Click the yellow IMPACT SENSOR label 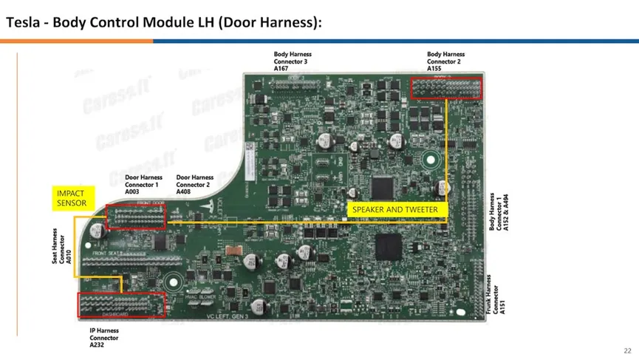[x=72, y=197]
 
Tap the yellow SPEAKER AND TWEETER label [x=394, y=209]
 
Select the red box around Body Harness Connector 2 [x=445, y=88]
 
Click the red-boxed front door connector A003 [x=136, y=217]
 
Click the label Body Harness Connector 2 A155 [x=445, y=61]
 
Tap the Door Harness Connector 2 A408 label [x=195, y=184]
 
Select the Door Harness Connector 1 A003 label [x=143, y=184]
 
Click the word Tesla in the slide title [x=21, y=22]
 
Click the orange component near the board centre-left [x=233, y=251]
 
